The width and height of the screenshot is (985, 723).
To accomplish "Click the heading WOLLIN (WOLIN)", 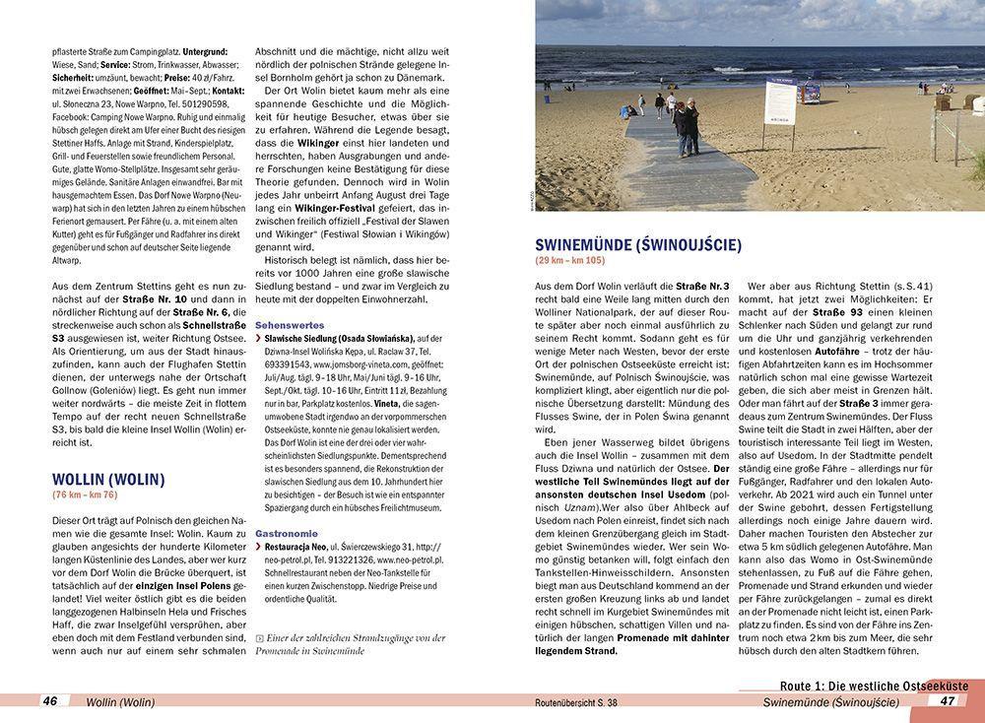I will click(x=108, y=480).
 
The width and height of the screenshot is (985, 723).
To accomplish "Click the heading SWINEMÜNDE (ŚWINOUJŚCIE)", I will click(x=637, y=244).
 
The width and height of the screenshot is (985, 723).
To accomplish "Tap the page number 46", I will click(x=50, y=701).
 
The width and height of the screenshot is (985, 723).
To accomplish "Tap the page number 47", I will click(x=948, y=701).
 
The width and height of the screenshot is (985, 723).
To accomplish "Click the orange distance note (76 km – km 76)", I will click(x=85, y=494).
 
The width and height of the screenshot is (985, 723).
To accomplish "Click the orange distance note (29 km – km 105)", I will click(x=570, y=260).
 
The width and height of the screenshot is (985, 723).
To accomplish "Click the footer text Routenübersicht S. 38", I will click(x=570, y=702).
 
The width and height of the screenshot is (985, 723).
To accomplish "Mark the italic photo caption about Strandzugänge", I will click(x=350, y=644).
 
